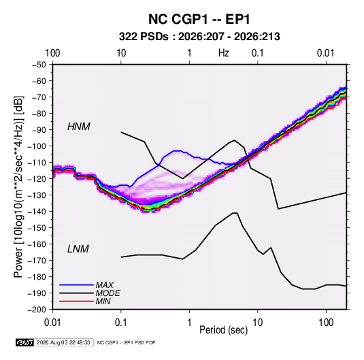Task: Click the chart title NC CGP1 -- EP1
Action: tap(199, 19)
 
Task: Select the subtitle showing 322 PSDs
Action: tap(199, 37)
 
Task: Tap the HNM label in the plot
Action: tap(79, 127)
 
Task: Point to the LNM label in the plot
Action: tap(78, 249)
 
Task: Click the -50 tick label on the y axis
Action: tap(39, 65)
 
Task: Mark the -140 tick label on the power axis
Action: tap(37, 212)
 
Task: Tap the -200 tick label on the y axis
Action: tap(37, 310)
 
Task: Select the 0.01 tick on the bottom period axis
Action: tap(52, 323)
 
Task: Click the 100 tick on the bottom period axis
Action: tap(326, 323)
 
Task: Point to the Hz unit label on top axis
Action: tap(224, 53)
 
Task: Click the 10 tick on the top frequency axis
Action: tap(121, 53)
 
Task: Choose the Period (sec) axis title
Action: tap(224, 330)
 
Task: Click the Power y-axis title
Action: tap(18, 187)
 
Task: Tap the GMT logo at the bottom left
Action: tap(24, 342)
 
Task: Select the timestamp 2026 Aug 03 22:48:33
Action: tap(63, 342)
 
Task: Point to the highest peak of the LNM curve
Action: tap(235, 213)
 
